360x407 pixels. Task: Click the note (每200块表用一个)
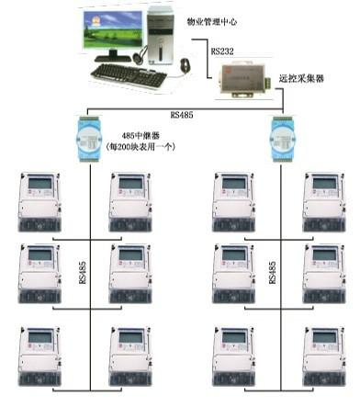click(141, 146)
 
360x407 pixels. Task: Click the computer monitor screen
click(111, 32)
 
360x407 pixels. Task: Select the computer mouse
click(185, 65)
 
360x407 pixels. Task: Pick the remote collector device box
click(244, 82)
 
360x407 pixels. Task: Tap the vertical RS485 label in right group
click(272, 273)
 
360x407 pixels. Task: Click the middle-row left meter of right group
click(233, 274)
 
